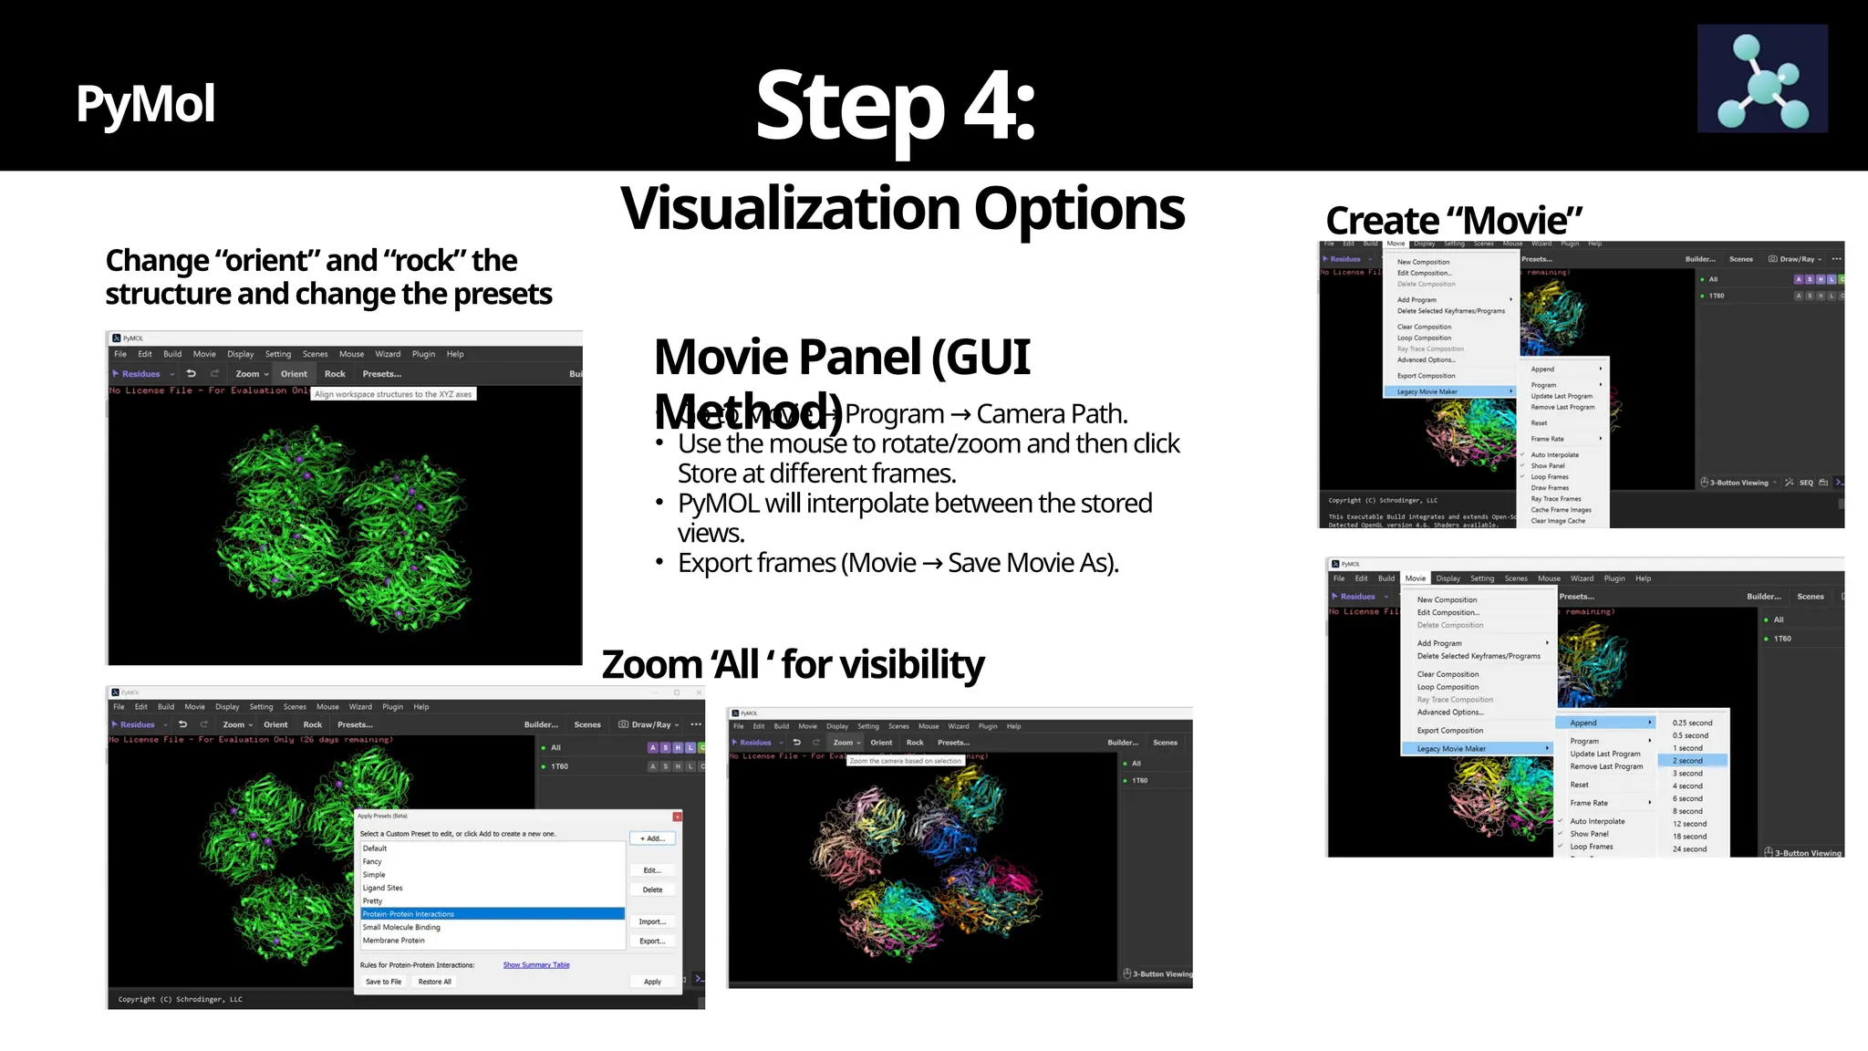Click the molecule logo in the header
coord(1762,78)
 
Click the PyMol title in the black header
coord(146,104)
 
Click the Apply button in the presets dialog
coord(652,982)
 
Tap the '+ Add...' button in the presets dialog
coord(652,838)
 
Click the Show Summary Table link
coord(536,964)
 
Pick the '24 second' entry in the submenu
coord(1689,848)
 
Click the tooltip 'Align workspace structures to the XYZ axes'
coord(393,394)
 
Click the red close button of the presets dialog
coord(677,816)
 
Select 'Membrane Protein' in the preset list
coord(394,940)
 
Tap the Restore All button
coord(434,982)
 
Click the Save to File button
coord(383,982)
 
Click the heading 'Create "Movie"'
coord(1454,221)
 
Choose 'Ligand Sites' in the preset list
coord(383,888)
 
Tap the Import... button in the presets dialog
coord(652,921)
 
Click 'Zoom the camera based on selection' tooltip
coord(906,760)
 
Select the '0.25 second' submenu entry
coord(1692,723)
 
